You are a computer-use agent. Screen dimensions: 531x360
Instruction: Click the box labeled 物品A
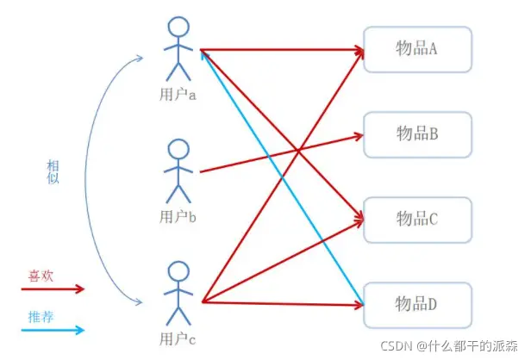pyautogui.click(x=417, y=49)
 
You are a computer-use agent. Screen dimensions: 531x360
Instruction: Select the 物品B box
pyautogui.click(x=417, y=134)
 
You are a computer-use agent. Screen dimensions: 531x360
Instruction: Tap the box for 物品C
pyautogui.click(x=417, y=220)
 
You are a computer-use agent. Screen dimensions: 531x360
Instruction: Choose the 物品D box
pyautogui.click(x=417, y=305)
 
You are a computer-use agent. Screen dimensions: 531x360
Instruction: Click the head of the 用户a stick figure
pyautogui.click(x=178, y=27)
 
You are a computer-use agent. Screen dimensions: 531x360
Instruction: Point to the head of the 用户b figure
pyautogui.click(x=178, y=149)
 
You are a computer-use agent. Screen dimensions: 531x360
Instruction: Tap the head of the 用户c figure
pyautogui.click(x=178, y=271)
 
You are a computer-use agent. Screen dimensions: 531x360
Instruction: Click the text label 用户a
pyautogui.click(x=178, y=95)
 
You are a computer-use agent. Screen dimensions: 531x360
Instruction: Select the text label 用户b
pyautogui.click(x=178, y=216)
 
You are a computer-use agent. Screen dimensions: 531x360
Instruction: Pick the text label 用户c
pyautogui.click(x=178, y=338)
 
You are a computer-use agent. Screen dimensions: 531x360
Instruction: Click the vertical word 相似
pyautogui.click(x=53, y=171)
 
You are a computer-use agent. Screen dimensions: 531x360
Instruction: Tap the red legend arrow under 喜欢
pyautogui.click(x=53, y=289)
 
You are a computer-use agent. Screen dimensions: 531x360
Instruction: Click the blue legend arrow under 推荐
pyautogui.click(x=53, y=330)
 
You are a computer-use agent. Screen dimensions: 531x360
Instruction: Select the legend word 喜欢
pyautogui.click(x=41, y=276)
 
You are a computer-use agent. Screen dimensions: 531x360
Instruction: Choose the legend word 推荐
pyautogui.click(x=41, y=317)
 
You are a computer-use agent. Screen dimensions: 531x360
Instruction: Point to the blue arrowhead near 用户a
pyautogui.click(x=204, y=55)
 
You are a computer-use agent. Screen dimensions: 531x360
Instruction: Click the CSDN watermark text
pyautogui.click(x=449, y=346)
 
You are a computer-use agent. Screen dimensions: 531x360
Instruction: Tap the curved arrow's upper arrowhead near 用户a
pyautogui.click(x=140, y=59)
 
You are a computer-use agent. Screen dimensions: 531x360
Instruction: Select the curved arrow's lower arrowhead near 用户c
pyautogui.click(x=139, y=301)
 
